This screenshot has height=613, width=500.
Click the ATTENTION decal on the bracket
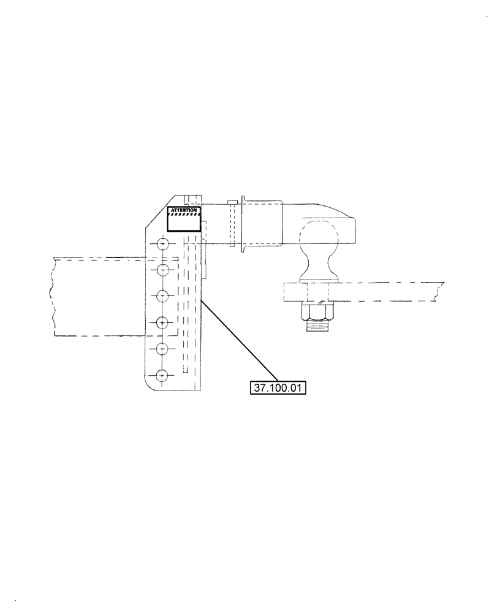click(x=184, y=219)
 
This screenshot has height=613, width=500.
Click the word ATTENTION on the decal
click(x=184, y=210)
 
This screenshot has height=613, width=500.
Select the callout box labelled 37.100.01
click(x=278, y=387)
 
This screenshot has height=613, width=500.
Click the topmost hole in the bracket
click(x=162, y=244)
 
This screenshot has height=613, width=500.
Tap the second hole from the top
click(x=162, y=270)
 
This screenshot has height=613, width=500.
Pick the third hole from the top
click(x=162, y=295)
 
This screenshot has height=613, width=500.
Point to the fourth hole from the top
click(x=162, y=322)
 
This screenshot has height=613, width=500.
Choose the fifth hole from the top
click(x=162, y=348)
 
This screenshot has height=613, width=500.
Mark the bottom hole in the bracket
click(x=162, y=375)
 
